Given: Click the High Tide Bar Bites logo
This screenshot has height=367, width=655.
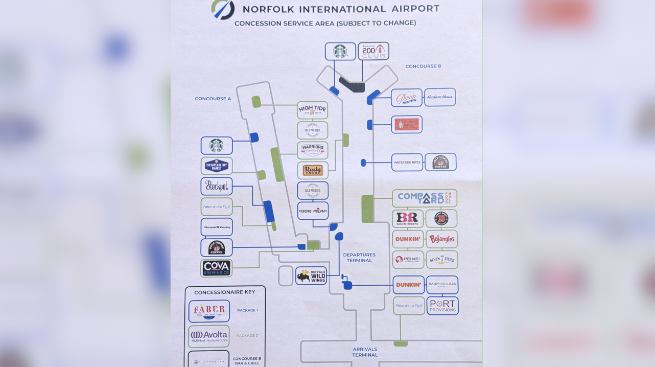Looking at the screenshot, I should [312, 110].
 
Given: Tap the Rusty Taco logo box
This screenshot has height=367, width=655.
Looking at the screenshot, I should [312, 170].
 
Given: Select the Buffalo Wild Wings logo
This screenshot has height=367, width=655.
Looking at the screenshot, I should [311, 276].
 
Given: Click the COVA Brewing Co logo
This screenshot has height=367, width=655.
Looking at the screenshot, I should [216, 268].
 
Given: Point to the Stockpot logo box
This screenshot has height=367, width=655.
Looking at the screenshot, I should [216, 186].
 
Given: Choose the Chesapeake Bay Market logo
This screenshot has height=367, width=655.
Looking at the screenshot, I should [216, 166].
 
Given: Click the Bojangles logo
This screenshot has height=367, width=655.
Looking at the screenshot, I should [441, 239].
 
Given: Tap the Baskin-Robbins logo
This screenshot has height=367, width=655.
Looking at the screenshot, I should [407, 218].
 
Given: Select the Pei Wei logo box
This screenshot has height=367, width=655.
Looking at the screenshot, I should [408, 259].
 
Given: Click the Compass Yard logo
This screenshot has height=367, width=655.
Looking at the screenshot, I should [424, 198].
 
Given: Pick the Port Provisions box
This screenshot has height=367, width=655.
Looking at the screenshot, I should [442, 306].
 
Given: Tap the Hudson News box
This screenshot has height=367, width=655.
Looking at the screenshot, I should [439, 97].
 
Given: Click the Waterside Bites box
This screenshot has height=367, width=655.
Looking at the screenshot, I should [407, 163].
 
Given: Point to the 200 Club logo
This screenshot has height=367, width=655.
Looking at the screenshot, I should [373, 51].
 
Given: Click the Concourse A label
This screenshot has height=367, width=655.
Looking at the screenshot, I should [213, 99].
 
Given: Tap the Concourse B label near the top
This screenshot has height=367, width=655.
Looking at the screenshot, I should [423, 66].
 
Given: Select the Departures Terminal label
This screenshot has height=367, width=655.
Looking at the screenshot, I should [359, 257].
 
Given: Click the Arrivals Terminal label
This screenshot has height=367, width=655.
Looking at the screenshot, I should [365, 352].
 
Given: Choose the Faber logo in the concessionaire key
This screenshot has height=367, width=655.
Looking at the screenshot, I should [209, 311].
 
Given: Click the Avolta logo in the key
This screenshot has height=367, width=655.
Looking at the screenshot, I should [208, 336].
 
